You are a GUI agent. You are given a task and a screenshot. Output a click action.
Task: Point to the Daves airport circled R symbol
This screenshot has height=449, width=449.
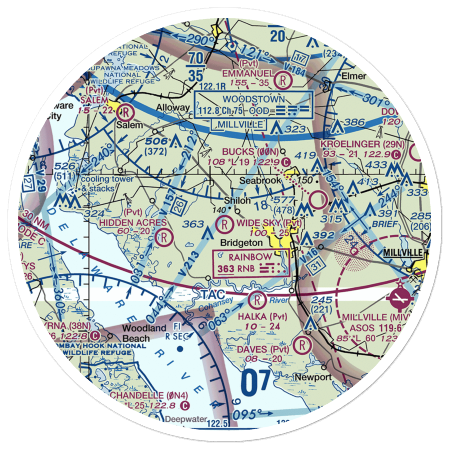[303, 346]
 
